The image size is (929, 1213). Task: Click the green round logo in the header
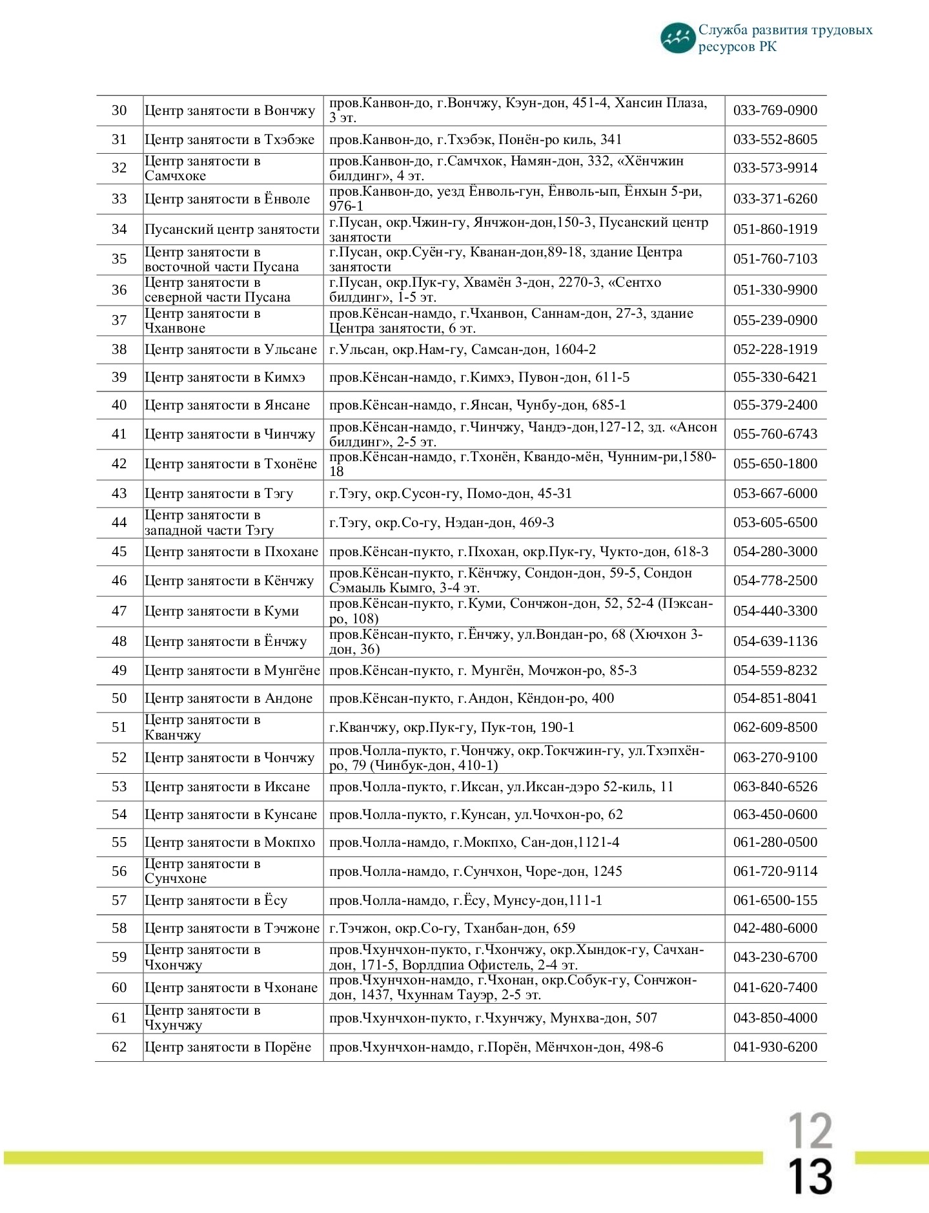click(677, 38)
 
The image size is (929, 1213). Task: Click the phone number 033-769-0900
click(775, 110)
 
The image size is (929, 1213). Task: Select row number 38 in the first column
click(119, 349)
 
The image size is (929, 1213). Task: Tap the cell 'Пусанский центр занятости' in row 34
click(232, 229)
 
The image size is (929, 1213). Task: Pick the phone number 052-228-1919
click(775, 349)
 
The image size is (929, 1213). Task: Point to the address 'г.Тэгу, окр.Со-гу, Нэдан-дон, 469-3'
click(442, 523)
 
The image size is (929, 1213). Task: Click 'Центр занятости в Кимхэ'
click(225, 377)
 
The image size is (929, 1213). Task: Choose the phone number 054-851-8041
click(775, 698)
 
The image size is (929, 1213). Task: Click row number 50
click(119, 698)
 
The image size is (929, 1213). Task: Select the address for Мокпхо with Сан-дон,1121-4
click(474, 842)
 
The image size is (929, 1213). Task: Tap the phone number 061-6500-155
click(775, 900)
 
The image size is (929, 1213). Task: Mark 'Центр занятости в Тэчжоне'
click(232, 928)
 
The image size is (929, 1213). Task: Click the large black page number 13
click(811, 1177)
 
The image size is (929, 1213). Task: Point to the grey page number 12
click(810, 1130)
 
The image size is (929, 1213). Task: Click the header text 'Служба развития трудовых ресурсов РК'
click(784, 38)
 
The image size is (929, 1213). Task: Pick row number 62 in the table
click(119, 1047)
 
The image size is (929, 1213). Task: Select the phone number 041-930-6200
click(775, 1047)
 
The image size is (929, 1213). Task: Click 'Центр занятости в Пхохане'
click(231, 552)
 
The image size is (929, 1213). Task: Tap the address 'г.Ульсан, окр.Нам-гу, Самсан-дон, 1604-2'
click(462, 349)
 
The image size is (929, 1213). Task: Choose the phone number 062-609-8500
click(775, 727)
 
